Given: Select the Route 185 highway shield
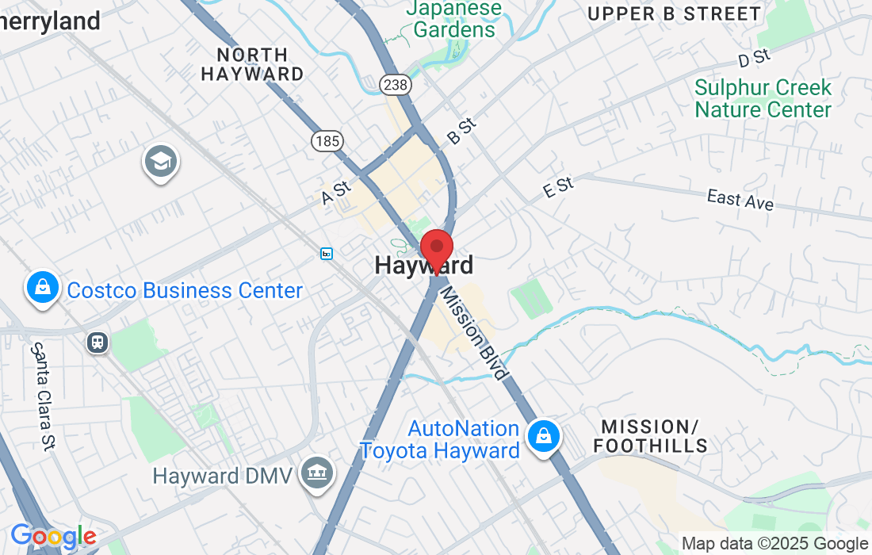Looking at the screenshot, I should (327, 141).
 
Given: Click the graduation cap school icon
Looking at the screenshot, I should (161, 163).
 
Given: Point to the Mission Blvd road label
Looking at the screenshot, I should (474, 333).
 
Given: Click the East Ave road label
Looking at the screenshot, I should (740, 199).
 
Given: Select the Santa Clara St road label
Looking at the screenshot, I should (42, 396).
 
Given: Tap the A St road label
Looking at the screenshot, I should (336, 193).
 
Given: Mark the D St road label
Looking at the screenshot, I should (754, 58).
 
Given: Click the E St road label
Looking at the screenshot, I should (558, 188).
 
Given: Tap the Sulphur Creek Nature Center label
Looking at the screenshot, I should (763, 98).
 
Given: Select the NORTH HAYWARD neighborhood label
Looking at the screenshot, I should (252, 64).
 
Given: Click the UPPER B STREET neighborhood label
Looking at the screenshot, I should (675, 13).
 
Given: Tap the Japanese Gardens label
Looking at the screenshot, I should (454, 20).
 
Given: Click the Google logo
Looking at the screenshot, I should (52, 537).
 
